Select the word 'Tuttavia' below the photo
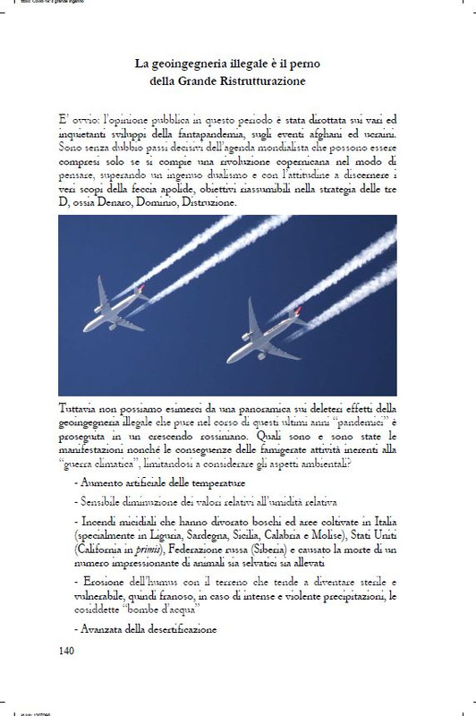[x=80, y=405]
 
